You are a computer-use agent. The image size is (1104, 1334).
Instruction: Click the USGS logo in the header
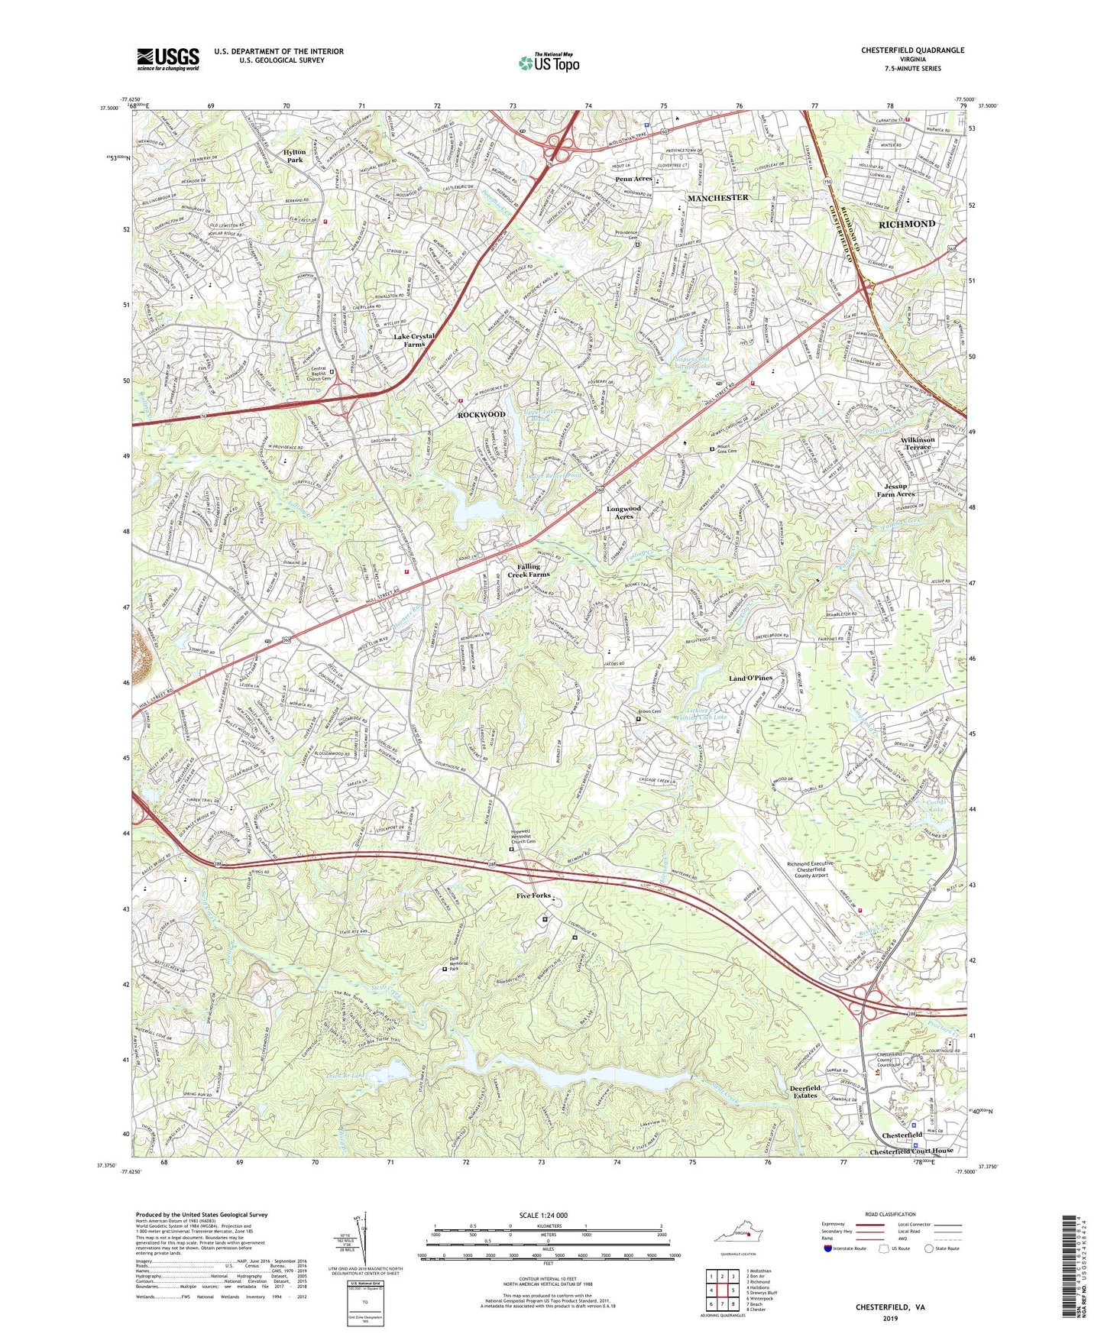coord(168,59)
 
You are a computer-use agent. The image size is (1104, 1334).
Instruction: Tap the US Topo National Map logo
coord(549,63)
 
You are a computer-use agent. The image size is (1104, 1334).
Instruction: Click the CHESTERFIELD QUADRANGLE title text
coord(912,50)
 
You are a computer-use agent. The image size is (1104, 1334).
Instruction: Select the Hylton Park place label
coord(295,156)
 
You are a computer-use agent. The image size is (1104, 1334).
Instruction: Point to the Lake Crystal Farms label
coord(414,340)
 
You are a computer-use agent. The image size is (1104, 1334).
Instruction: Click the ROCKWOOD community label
coord(481,414)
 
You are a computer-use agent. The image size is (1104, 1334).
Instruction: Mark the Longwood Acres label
coord(624,512)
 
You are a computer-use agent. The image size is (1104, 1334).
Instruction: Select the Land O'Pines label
coord(750,678)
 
